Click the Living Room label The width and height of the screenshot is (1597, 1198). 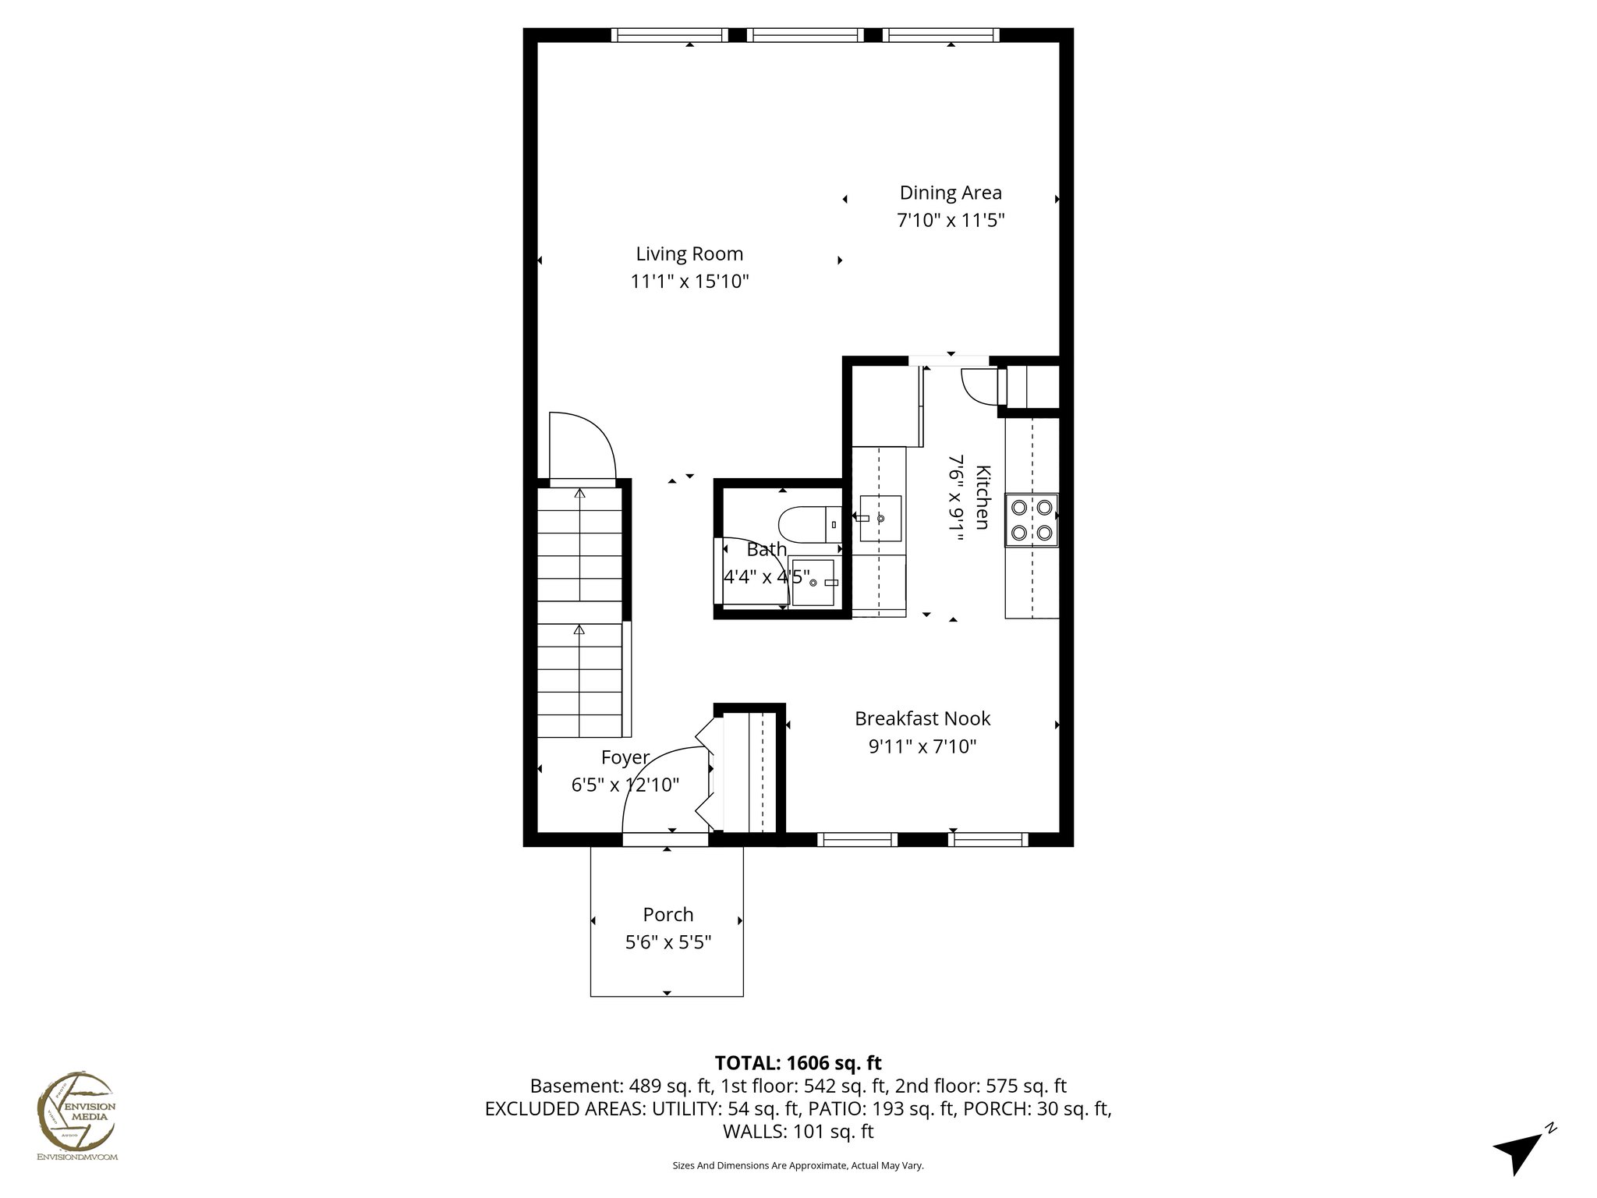[x=689, y=253]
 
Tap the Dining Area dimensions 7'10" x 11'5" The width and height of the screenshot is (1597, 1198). [x=950, y=221]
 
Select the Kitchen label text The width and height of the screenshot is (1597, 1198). [x=983, y=497]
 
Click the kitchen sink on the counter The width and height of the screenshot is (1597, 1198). [x=881, y=519]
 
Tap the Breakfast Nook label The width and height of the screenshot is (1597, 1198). [x=922, y=718]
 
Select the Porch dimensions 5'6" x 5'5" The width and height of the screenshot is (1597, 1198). [x=668, y=943]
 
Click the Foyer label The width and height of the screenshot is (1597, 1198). [x=625, y=757]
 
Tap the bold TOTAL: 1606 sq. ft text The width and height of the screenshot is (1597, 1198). [x=798, y=1063]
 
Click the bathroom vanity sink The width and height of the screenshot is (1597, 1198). [x=814, y=583]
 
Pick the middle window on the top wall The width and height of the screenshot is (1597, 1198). [x=805, y=35]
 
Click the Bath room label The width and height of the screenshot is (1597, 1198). [x=767, y=549]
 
